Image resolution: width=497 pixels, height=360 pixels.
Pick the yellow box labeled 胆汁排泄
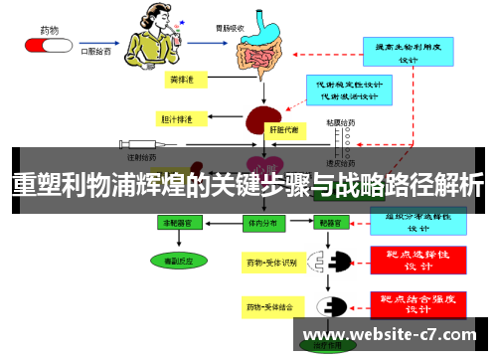[x=178, y=119]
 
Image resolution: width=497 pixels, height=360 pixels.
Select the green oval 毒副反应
[x=180, y=261]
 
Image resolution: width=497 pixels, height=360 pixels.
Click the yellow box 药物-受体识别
[x=271, y=263]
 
